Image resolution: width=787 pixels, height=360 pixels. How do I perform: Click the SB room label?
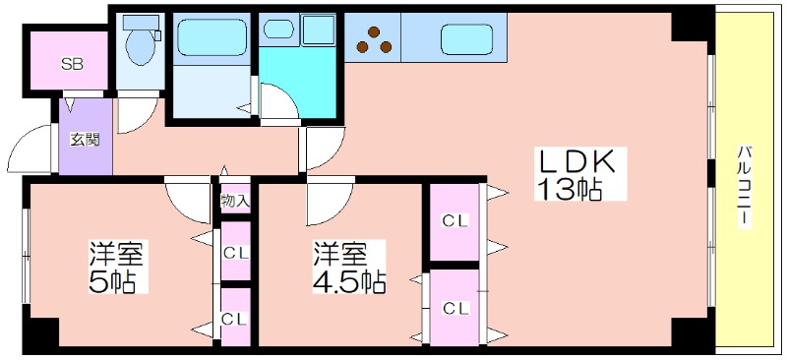pyautogui.click(x=72, y=64)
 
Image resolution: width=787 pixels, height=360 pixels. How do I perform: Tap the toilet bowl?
pyautogui.click(x=141, y=45)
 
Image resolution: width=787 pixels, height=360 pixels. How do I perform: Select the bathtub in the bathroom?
pyautogui.click(x=212, y=37)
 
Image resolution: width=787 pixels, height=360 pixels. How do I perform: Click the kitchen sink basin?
pyautogui.click(x=466, y=39)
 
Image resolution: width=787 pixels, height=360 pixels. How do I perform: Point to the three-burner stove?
pyautogui.click(x=373, y=40)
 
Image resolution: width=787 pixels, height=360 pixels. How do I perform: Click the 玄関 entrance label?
pyautogui.click(x=84, y=139)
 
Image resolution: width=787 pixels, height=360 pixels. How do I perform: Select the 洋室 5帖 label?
pyautogui.click(x=116, y=268)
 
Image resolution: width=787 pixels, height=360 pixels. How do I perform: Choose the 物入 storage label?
pyautogui.click(x=235, y=201)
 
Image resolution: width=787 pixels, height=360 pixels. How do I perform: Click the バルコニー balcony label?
pyautogui.click(x=745, y=186)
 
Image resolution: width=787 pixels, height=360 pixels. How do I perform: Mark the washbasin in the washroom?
pyautogui.click(x=278, y=29)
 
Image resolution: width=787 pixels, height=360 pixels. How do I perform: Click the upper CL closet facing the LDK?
pyautogui.click(x=454, y=222)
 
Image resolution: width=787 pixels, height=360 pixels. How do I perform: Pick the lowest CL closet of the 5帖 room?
pyautogui.click(x=236, y=317)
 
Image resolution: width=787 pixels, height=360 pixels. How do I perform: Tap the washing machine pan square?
pyautogui.click(x=318, y=30)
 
